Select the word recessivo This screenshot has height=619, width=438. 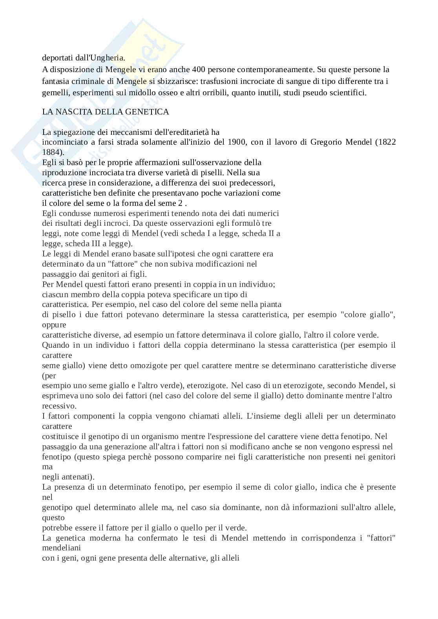point(59,406)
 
